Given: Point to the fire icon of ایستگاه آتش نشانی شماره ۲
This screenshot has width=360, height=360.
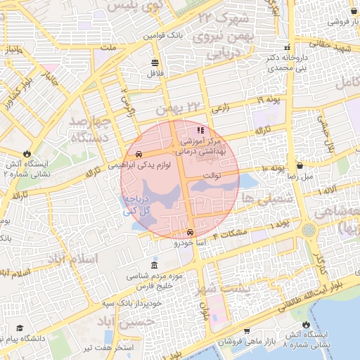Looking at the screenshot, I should click(26, 152).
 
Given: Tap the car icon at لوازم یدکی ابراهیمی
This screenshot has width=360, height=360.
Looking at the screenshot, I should click(139, 154).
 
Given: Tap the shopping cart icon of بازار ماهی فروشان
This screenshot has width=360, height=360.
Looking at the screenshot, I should click(247, 330).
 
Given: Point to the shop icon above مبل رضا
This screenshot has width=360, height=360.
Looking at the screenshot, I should click(301, 166).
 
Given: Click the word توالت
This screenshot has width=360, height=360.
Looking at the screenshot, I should click(212, 175).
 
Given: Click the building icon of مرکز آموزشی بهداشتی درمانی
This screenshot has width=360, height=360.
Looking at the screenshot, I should click(200, 130).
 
